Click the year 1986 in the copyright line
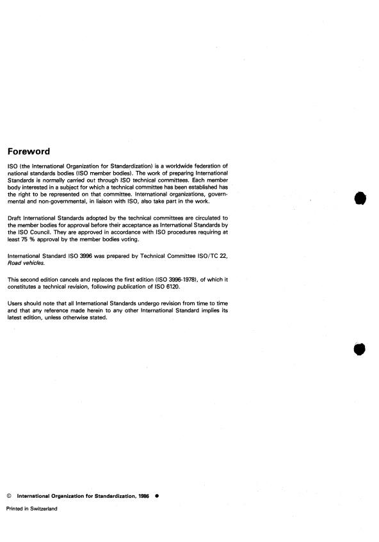tap(142, 495)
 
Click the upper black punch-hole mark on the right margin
tap(359, 199)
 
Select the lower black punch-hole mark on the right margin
tap(359, 349)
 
